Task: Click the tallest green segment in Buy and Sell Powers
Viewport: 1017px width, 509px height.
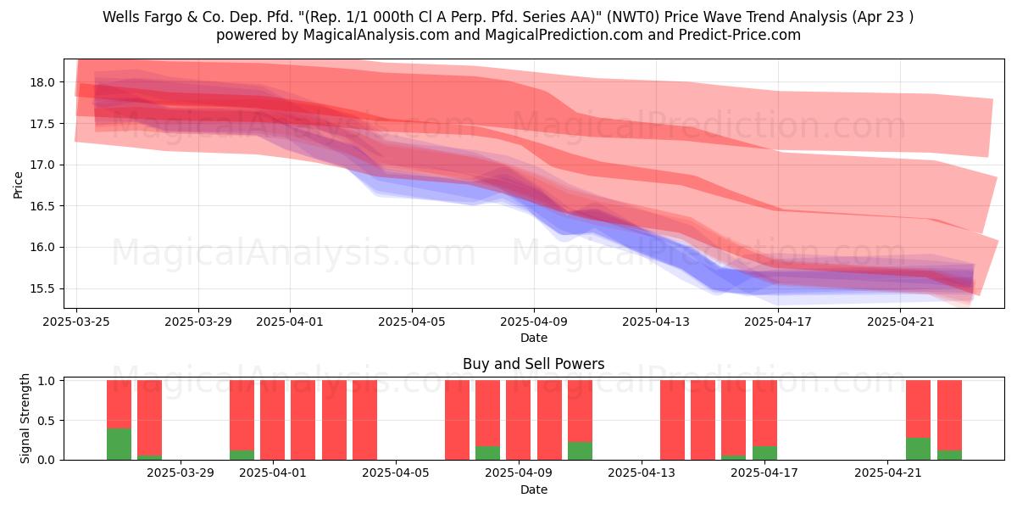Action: click(119, 444)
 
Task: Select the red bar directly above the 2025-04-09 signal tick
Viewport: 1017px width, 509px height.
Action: click(519, 420)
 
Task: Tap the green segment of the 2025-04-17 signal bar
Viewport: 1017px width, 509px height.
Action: click(764, 453)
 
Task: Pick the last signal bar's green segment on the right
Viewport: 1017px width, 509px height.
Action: click(949, 455)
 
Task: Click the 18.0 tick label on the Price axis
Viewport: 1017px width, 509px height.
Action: click(42, 82)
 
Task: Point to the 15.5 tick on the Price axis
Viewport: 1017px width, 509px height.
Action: click(42, 288)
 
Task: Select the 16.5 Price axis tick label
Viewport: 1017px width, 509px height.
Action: click(42, 206)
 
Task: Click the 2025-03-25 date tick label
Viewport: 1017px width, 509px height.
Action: click(76, 322)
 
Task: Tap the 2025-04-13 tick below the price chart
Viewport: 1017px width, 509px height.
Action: click(656, 322)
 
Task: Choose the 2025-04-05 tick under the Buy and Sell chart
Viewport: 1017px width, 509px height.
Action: click(396, 473)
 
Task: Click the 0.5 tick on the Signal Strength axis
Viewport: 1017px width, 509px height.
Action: click(47, 421)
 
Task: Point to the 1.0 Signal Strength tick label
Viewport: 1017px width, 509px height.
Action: click(47, 381)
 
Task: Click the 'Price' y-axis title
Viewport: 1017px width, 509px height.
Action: click(18, 185)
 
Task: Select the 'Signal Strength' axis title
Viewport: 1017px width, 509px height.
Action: click(25, 418)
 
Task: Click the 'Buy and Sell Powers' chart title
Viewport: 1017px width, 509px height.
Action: click(533, 364)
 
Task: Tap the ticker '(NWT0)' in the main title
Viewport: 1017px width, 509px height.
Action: click(633, 17)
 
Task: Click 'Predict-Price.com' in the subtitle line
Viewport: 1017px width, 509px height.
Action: click(740, 35)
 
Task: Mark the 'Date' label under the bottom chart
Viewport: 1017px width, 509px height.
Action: click(534, 489)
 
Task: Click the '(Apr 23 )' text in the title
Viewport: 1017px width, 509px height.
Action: click(882, 17)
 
